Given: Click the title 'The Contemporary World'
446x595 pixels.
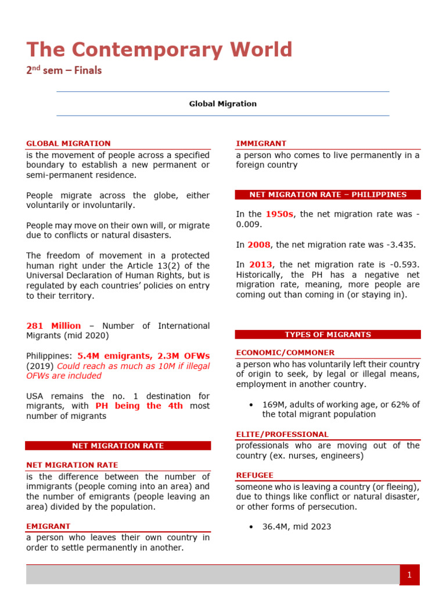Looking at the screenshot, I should pos(160,50).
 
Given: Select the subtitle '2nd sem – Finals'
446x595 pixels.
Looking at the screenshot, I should pos(64,71).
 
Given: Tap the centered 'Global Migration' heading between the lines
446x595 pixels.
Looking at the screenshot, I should pos(222,104).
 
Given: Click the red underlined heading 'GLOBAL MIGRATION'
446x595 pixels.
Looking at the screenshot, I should pos(68,144).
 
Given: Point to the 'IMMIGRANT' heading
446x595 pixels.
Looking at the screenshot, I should pos(261,144).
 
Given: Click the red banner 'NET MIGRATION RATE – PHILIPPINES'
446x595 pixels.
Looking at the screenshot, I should pos(328,195).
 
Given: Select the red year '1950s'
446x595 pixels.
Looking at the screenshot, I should pos(279,214).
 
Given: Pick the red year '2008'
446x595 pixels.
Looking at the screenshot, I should pos(259,245).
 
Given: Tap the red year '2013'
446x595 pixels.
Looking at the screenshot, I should pos(260,265).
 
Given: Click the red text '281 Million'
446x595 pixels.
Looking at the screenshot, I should pos(53,326).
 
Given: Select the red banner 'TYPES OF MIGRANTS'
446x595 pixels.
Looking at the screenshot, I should pos(328,335).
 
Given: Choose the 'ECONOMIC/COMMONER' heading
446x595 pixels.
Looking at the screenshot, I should pos(285,353).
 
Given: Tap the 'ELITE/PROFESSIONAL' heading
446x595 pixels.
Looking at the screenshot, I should pos(282,434).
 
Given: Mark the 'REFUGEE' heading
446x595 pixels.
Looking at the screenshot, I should pos(254,475).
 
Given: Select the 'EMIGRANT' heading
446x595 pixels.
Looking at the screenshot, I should pos(48,526).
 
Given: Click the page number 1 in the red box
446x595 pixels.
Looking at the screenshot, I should pos(409,575).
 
